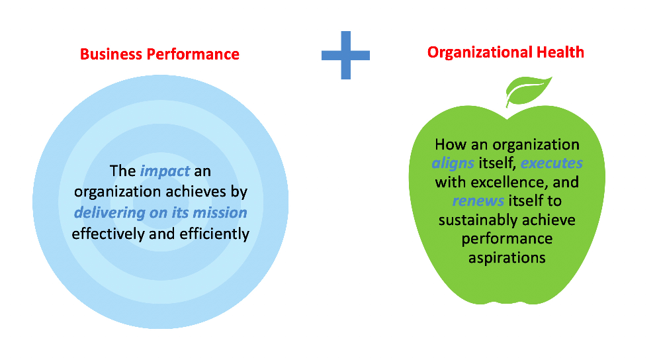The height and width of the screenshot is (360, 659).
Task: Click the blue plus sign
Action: (345, 55)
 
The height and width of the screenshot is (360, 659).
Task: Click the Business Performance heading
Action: (159, 54)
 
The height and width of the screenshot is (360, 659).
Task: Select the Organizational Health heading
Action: (505, 52)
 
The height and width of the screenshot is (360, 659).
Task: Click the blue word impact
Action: (165, 171)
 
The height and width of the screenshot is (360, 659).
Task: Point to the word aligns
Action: (453, 163)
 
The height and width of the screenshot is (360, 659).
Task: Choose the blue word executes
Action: (551, 163)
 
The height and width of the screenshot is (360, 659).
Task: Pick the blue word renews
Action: (478, 201)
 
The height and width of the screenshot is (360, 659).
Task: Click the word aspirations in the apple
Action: (507, 258)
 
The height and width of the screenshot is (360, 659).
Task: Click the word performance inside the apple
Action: (507, 239)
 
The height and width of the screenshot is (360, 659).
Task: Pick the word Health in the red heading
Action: (560, 52)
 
